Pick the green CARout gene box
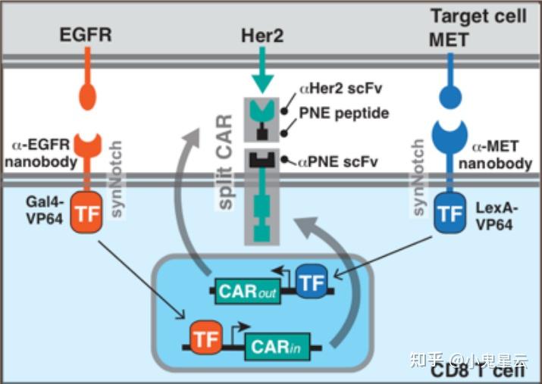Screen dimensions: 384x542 pyautogui.click(x=244, y=290)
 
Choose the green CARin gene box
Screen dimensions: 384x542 pyautogui.click(x=277, y=348)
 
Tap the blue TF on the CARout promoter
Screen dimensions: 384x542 pyautogui.click(x=311, y=283)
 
